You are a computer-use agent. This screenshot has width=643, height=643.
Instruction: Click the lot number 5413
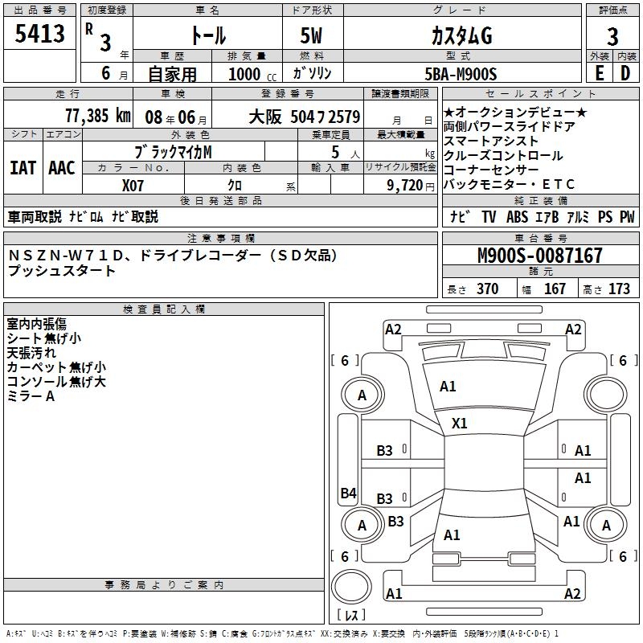[39, 34]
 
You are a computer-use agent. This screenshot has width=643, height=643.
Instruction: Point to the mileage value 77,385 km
[98, 116]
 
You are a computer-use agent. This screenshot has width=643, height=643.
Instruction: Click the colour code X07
[133, 184]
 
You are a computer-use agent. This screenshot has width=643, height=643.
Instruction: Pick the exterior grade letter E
[599, 74]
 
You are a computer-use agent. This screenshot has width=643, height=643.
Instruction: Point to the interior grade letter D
[625, 74]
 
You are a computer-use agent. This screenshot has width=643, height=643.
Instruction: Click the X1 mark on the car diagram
[460, 423]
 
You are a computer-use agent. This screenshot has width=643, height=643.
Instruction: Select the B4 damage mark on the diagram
[348, 494]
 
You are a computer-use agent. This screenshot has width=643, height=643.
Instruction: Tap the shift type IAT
[23, 168]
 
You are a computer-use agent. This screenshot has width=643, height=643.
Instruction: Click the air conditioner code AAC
[62, 168]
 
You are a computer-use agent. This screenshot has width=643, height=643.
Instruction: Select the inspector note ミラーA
[31, 396]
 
